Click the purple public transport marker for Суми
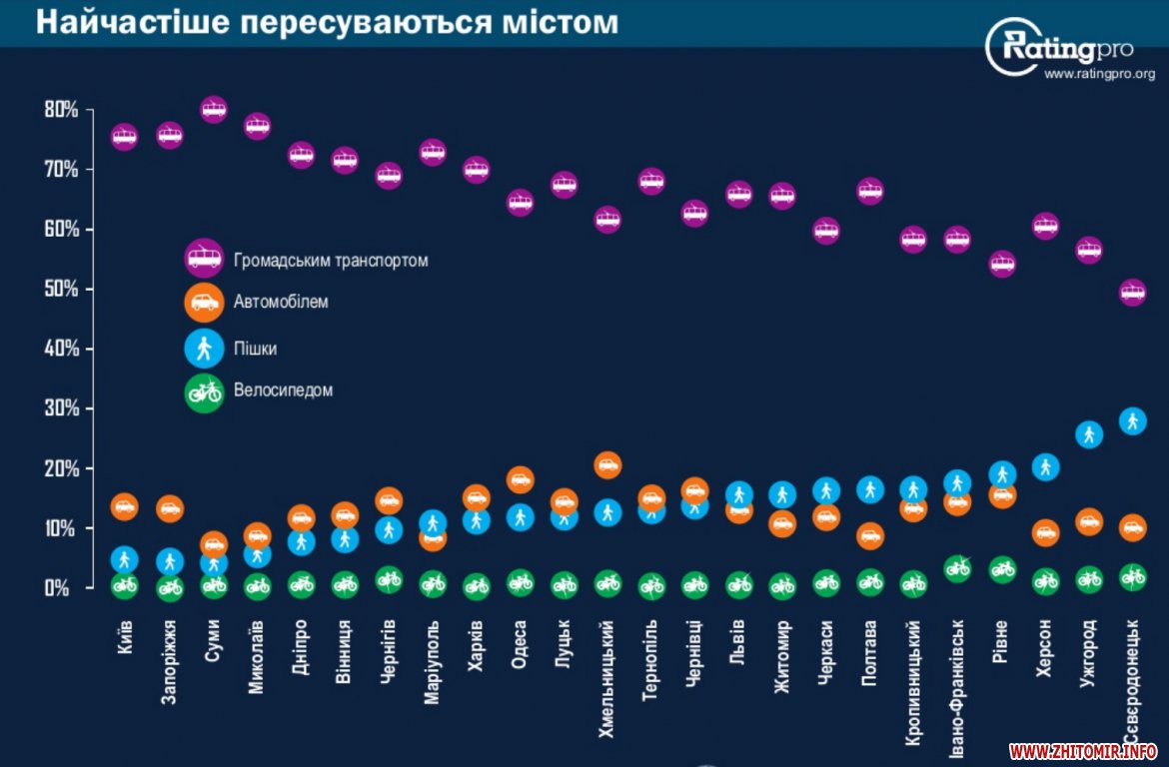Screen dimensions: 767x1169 [x=214, y=109]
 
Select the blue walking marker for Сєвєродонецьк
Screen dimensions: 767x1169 [x=1132, y=420]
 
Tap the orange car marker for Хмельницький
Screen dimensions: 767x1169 [x=607, y=464]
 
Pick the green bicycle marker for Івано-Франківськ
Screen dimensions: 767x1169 [x=957, y=568]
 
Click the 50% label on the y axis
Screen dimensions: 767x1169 [x=61, y=290]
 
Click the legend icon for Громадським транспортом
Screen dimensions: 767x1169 [x=204, y=261]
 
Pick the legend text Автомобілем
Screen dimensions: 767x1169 [x=281, y=302]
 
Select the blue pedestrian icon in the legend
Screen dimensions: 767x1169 [x=204, y=349]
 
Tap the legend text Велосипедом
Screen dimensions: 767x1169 [x=283, y=390]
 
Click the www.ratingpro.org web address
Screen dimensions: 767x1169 [x=1099, y=74]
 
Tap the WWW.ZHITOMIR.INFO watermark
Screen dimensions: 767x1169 [x=1083, y=751]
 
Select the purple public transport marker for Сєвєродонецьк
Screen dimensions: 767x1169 [x=1132, y=293]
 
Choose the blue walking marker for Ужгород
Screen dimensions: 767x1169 [x=1089, y=434]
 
